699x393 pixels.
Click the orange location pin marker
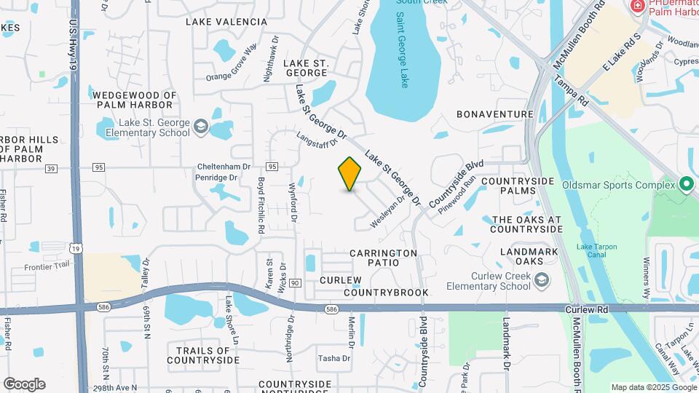(350, 174)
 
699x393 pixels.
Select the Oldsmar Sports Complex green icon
(686, 184)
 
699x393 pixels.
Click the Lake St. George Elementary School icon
(200, 128)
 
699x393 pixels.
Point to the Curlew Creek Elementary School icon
(542, 279)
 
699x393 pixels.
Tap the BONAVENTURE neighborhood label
(495, 114)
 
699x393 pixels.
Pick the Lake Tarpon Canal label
(597, 251)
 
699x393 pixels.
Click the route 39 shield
(50, 168)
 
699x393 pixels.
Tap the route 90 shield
(294, 282)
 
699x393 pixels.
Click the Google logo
(24, 384)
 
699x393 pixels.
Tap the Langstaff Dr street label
(318, 138)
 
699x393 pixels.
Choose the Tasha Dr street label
(335, 358)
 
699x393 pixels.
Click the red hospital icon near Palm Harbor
(638, 6)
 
